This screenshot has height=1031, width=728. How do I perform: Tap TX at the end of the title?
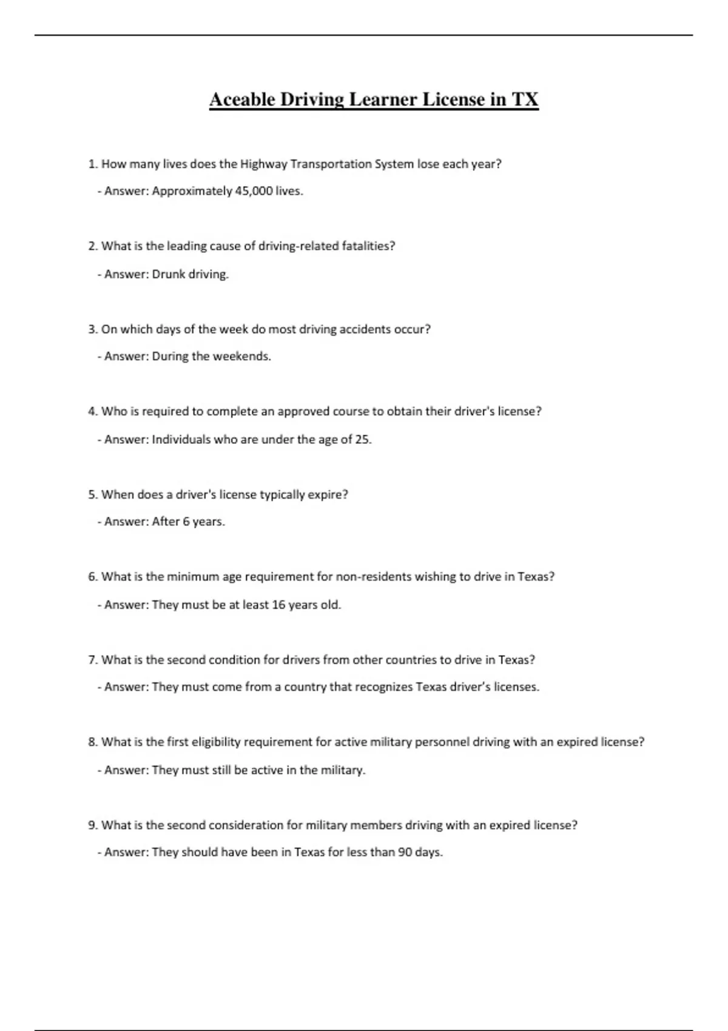[x=525, y=99]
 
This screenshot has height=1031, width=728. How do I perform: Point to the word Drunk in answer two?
[x=168, y=274]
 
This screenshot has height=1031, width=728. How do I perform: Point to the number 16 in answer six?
[x=278, y=605]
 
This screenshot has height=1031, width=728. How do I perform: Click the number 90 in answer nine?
[x=405, y=852]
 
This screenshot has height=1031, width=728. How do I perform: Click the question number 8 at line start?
[x=92, y=742]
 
